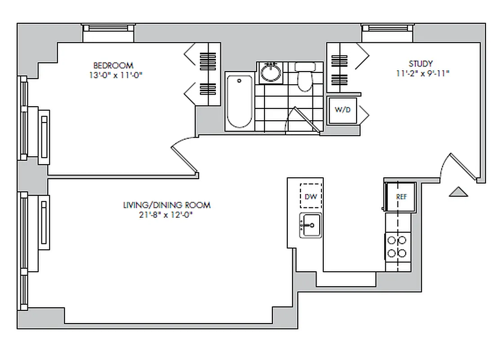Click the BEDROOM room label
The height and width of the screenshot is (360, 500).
tap(113, 66)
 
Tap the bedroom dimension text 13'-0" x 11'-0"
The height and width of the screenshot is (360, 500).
tap(115, 76)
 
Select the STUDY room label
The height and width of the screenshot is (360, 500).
tap(420, 63)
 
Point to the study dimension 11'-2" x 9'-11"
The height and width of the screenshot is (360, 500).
tap(423, 73)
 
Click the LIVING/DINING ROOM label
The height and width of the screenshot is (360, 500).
tap(167, 205)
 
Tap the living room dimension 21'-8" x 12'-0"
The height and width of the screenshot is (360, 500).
tap(167, 215)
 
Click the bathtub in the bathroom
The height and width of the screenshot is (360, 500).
tap(239, 102)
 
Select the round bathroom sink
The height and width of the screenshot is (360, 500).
tap(271, 72)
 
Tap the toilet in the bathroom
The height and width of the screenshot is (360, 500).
tap(305, 76)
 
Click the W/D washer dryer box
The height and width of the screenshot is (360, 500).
tap(343, 110)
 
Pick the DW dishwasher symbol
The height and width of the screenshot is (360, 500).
tap(310, 196)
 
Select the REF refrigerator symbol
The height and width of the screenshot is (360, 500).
tap(401, 197)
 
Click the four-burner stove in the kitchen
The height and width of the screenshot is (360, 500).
tap(398, 247)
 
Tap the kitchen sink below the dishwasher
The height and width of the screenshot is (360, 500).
tap(310, 225)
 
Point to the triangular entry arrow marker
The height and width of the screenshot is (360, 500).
tap(459, 192)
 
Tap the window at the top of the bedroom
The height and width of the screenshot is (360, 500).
tap(109, 28)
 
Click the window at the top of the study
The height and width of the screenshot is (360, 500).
tap(388, 28)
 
